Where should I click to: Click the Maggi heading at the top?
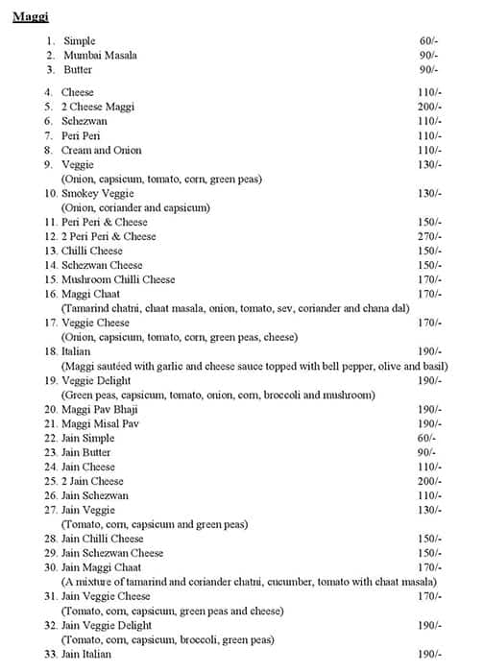32,16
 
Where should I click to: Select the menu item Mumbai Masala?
100,56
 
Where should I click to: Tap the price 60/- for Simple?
427,41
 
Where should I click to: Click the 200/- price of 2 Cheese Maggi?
429,107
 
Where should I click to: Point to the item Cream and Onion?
101,151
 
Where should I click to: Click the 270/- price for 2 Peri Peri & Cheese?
429,236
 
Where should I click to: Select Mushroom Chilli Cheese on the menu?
118,279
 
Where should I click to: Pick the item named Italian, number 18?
76,352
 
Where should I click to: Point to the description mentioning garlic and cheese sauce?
254,367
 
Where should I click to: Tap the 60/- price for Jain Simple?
427,438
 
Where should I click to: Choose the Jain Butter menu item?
86,452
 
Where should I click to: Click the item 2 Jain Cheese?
92,481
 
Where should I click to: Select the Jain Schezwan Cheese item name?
112,553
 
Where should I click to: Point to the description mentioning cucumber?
249,582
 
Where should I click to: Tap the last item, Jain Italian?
86,654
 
